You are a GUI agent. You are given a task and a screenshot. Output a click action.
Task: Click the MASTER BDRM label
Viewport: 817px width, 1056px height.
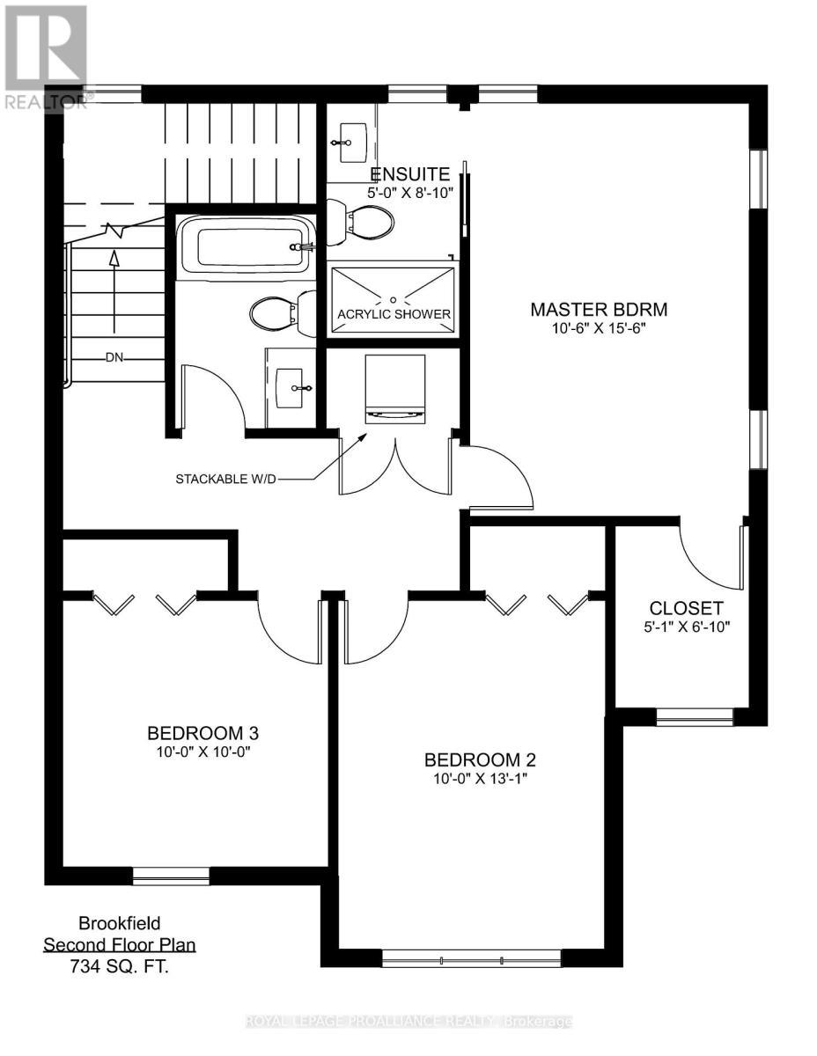[x=599, y=310]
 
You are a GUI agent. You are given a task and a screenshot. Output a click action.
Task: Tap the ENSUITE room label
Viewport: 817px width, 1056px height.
[x=410, y=173]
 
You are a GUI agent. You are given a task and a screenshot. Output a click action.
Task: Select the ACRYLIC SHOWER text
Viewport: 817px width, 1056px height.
[x=394, y=314]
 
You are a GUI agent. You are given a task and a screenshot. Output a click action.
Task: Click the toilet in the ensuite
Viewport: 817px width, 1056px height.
[x=357, y=220]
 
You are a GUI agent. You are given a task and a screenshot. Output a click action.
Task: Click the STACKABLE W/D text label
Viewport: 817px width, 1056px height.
[x=224, y=480]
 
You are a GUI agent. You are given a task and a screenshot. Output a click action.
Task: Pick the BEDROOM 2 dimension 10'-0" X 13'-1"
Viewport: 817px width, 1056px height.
[x=480, y=779]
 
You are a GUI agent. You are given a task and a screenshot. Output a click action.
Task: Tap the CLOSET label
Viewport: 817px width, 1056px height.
[x=686, y=608]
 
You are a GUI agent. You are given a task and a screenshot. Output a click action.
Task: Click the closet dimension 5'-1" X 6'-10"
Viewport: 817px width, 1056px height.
[x=686, y=627]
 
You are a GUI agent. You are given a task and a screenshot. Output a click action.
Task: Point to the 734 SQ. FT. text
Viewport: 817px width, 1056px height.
[x=120, y=964]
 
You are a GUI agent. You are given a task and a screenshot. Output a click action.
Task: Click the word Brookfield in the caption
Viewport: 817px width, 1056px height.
[x=120, y=926]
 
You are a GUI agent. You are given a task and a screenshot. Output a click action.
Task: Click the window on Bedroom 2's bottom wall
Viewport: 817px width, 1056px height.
[x=471, y=958]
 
